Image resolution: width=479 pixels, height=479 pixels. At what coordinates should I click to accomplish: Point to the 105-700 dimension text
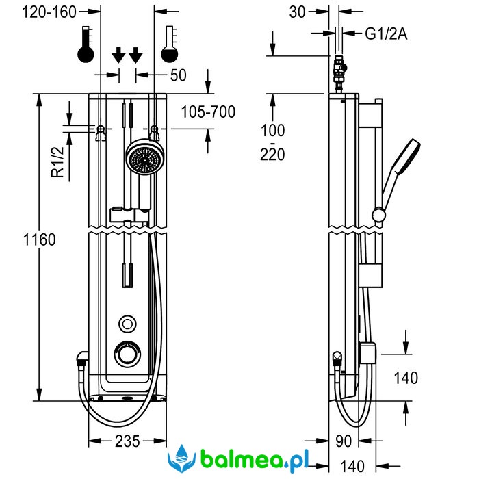pyautogui.click(x=208, y=112)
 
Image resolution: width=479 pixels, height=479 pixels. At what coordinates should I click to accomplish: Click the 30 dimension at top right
pyautogui.click(x=298, y=12)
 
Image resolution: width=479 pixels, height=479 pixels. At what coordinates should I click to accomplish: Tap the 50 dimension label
pyautogui.click(x=178, y=75)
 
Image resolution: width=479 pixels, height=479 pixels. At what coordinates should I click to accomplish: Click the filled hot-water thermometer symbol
pyautogui.click(x=86, y=45)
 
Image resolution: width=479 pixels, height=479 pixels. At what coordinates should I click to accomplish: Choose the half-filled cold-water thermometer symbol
pyautogui.click(x=169, y=45)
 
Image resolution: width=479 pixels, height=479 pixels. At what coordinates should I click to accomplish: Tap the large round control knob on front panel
pyautogui.click(x=127, y=354)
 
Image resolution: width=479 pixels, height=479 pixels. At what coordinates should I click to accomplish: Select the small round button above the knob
pyautogui.click(x=127, y=323)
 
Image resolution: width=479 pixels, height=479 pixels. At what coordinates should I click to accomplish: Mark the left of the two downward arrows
pyautogui.click(x=118, y=54)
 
